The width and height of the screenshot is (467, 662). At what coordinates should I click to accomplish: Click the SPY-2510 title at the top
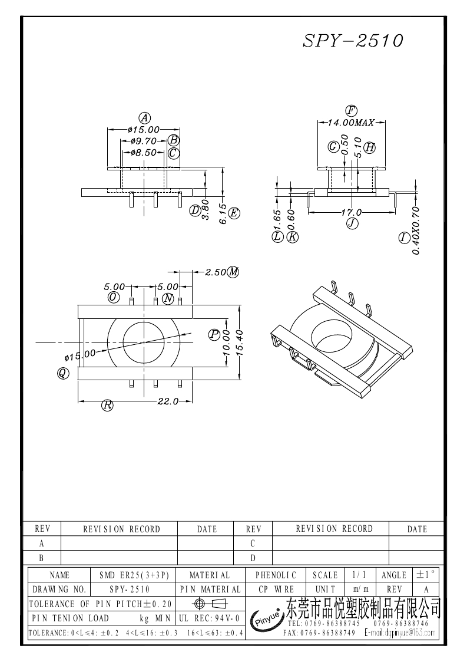coord(353,41)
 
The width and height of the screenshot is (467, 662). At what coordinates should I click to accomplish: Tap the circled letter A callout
coord(143,117)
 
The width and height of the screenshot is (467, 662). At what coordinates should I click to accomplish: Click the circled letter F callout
coord(352,110)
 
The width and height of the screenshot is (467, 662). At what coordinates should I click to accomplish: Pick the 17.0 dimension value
coord(352,212)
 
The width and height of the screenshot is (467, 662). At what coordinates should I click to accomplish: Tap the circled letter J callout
coord(352,223)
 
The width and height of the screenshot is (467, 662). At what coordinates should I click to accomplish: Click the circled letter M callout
coord(233,272)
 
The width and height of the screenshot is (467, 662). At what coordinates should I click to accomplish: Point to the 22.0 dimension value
coord(167,401)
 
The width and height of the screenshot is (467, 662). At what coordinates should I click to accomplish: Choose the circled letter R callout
coord(107,405)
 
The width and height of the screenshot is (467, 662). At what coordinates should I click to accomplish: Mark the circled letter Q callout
coord(62,373)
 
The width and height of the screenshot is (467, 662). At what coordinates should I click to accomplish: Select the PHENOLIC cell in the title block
coord(276,575)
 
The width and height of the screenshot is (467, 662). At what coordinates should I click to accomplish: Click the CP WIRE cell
coord(276,589)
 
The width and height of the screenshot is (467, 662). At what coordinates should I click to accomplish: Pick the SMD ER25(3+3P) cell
coord(134,575)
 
